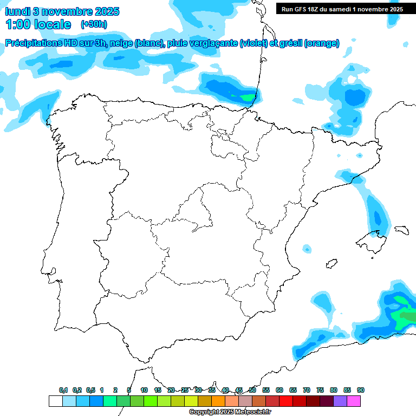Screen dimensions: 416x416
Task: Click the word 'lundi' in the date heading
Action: tap(17, 11)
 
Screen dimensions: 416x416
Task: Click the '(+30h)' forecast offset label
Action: tap(94, 24)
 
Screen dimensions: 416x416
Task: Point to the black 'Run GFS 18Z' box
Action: tap(342, 9)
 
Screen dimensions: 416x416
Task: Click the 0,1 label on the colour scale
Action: tap(63, 390)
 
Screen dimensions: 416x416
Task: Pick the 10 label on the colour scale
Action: tap(144, 390)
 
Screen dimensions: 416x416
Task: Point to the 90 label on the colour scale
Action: tap(361, 390)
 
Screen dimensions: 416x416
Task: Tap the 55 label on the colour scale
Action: tap(266, 390)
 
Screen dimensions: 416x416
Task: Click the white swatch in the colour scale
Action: tap(55, 401)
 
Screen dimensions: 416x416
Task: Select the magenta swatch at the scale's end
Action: tap(354, 401)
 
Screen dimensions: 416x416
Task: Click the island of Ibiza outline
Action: tap(330, 264)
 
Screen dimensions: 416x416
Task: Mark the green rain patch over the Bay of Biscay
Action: tap(246, 98)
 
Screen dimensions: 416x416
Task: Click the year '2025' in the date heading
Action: tap(107, 11)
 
